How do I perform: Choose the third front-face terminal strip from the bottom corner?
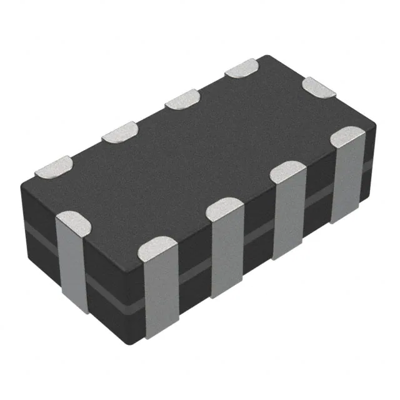point(288,216)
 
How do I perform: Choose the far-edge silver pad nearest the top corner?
point(242,68)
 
